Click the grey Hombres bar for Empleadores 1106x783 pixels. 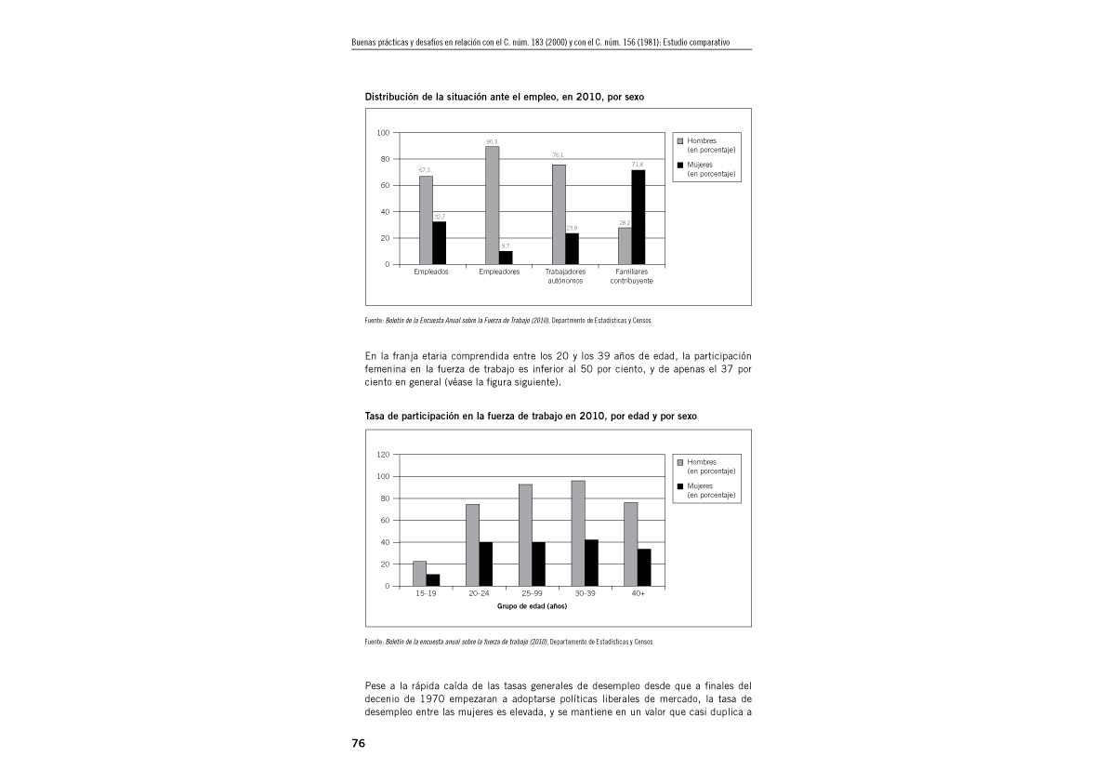pyautogui.click(x=492, y=205)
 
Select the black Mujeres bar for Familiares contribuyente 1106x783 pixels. pyautogui.click(x=638, y=217)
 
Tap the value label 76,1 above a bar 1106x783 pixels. pyautogui.click(x=559, y=155)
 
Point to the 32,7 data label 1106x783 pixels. pyautogui.click(x=440, y=217)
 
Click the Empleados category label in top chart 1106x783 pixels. pyautogui.click(x=431, y=272)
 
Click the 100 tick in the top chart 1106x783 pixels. pyautogui.click(x=383, y=133)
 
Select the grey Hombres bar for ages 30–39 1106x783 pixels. pyautogui.click(x=578, y=533)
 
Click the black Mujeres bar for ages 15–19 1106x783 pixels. pyautogui.click(x=433, y=580)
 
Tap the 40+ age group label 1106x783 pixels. pyautogui.click(x=638, y=593)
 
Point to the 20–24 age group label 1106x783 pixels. pyautogui.click(x=479, y=593)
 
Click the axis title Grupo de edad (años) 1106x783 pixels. pyautogui.click(x=531, y=606)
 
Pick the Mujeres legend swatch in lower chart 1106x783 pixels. pyautogui.click(x=679, y=486)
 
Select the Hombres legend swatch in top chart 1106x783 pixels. pyautogui.click(x=679, y=141)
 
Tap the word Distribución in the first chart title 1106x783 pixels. pyautogui.click(x=391, y=97)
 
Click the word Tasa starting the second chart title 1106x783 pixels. pyautogui.click(x=375, y=417)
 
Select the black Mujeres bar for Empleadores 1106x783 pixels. pyautogui.click(x=506, y=258)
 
